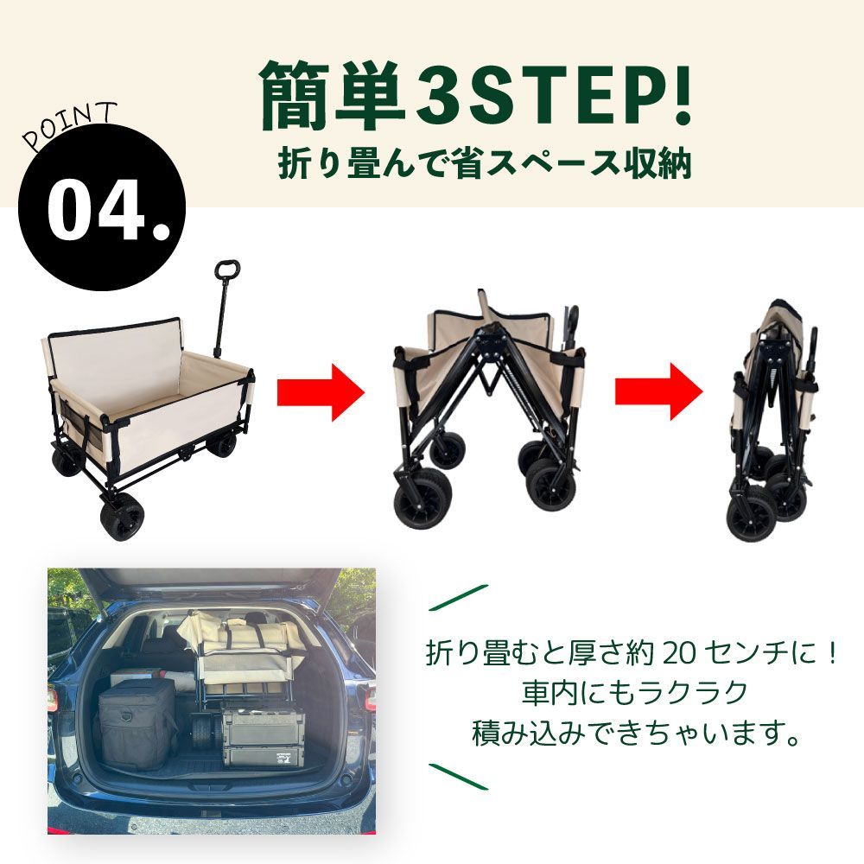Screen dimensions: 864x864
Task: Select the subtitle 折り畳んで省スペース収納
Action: coord(485,163)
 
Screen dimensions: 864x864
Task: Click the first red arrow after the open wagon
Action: coord(321,391)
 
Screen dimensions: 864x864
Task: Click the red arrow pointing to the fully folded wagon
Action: coord(659,391)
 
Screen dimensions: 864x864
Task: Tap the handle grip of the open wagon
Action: coord(227,270)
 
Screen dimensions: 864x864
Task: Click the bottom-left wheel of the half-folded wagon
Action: coord(422,499)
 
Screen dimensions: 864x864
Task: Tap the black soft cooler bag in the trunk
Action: coord(137,722)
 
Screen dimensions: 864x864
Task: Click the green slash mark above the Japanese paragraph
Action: coord(459,598)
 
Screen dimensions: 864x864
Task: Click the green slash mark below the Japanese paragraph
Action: coord(459,777)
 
